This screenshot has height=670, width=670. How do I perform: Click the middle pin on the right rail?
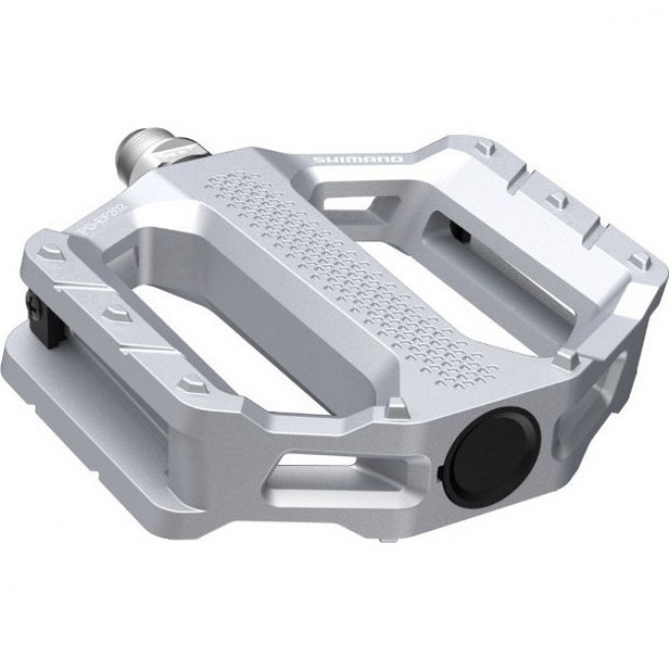558,200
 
